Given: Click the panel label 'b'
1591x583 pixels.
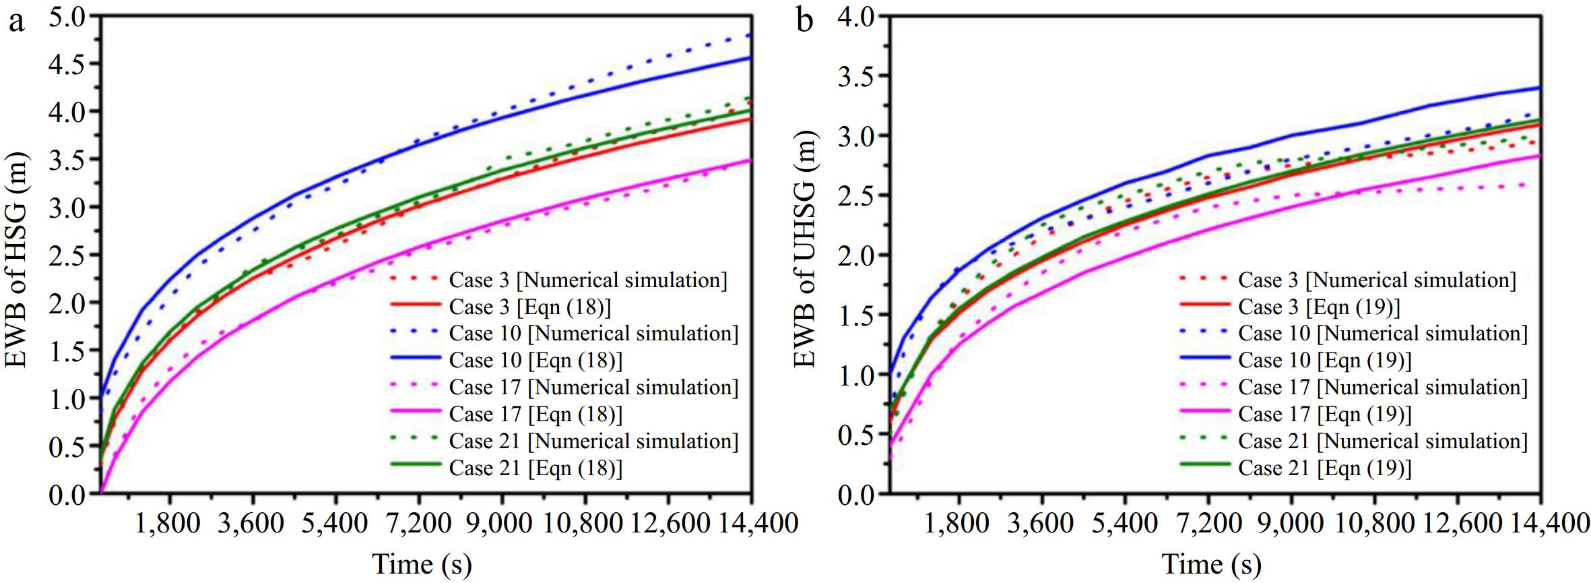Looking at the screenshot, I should (x=804, y=22).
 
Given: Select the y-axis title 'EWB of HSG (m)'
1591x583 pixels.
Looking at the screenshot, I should (x=17, y=259).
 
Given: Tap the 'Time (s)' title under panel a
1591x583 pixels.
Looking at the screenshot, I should (x=422, y=563).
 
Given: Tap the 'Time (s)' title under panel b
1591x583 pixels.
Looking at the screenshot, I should (x=1211, y=563).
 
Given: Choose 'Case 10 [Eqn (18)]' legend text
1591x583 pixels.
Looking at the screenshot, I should (x=535, y=361).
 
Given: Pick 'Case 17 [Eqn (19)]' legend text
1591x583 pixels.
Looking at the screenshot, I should (x=1324, y=415).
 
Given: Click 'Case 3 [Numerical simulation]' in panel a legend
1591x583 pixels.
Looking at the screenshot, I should (x=588, y=280).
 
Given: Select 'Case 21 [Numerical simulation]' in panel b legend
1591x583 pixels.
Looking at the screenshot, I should (x=1382, y=441).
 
